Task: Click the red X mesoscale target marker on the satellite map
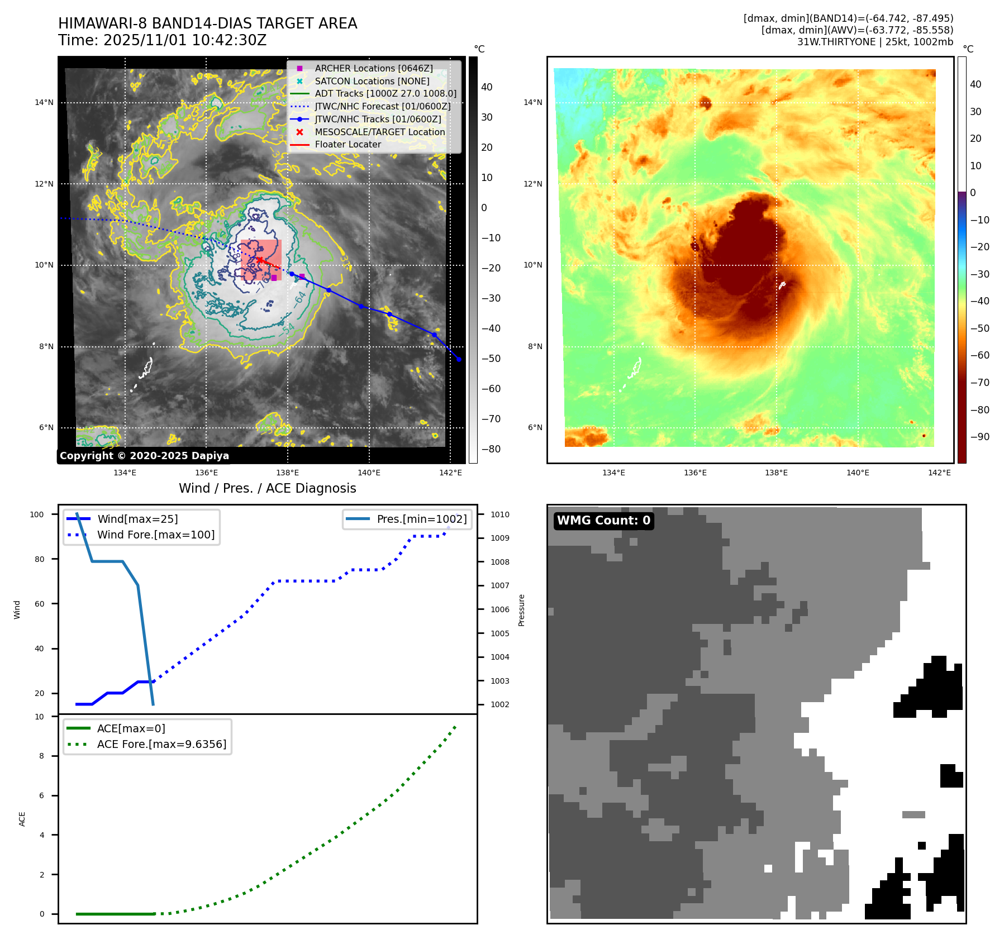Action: click(259, 260)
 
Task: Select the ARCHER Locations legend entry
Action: click(373, 68)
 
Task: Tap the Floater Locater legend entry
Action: click(348, 144)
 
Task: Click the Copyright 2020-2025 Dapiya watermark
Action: click(144, 456)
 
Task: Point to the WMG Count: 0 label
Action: click(603, 521)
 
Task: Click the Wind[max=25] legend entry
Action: click(137, 519)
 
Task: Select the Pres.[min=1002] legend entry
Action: click(421, 519)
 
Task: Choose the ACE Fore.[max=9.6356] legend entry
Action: click(161, 744)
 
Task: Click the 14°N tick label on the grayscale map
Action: click(44, 102)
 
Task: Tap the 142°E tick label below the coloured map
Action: click(939, 473)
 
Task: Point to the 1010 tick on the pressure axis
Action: click(500, 514)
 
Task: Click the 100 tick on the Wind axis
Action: click(37, 514)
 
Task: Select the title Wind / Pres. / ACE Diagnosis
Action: click(267, 488)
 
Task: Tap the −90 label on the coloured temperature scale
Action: click(979, 437)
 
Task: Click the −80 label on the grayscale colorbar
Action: click(491, 449)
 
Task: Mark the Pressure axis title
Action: click(521, 610)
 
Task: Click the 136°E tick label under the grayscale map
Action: click(206, 473)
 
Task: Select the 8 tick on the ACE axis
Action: click(41, 756)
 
